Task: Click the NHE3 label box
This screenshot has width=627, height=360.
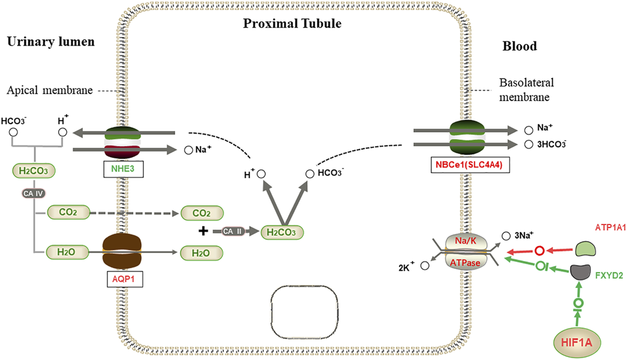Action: tap(123, 169)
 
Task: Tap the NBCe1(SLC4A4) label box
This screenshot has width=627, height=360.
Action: tap(470, 165)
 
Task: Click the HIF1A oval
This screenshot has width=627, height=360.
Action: tap(577, 342)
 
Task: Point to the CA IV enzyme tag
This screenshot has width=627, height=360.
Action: tap(33, 193)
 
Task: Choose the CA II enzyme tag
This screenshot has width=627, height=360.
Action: tap(233, 231)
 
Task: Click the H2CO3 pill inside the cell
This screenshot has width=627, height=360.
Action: tap(281, 232)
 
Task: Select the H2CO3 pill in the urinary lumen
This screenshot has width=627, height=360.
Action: tap(33, 171)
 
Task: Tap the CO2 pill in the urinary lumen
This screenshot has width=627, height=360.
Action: tap(68, 213)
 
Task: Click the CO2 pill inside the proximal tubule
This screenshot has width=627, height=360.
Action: tap(202, 213)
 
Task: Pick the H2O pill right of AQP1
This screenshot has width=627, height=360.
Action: tap(201, 253)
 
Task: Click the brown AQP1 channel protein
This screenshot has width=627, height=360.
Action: tap(122, 252)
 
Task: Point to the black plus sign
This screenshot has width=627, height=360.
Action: tap(203, 231)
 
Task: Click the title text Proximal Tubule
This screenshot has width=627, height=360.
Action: tap(292, 23)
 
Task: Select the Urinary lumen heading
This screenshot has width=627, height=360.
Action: tap(51, 42)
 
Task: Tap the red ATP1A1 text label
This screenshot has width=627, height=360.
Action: tap(610, 228)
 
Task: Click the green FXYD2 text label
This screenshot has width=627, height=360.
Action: tap(609, 275)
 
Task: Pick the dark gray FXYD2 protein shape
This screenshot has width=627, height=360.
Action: tap(581, 272)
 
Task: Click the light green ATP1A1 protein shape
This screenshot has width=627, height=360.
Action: tap(585, 249)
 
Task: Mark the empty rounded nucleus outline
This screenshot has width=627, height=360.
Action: tap(304, 312)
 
